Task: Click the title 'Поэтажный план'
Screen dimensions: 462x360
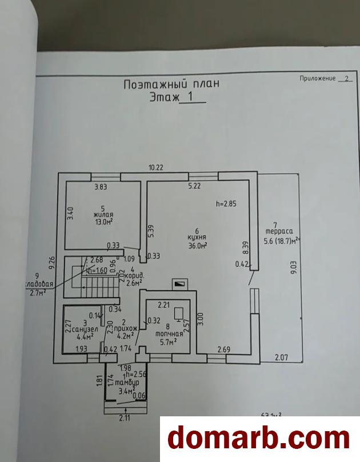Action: pyautogui.click(x=171, y=85)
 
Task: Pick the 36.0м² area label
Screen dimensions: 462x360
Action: pyautogui.click(x=197, y=246)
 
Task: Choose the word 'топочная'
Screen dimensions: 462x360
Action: pyautogui.click(x=171, y=334)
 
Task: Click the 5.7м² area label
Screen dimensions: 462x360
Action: pyautogui.click(x=167, y=342)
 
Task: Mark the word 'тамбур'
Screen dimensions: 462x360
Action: pyautogui.click(x=123, y=382)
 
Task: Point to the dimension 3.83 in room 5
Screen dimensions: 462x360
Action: pyautogui.click(x=101, y=187)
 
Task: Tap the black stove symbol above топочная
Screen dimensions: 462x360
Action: pyautogui.click(x=179, y=282)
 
